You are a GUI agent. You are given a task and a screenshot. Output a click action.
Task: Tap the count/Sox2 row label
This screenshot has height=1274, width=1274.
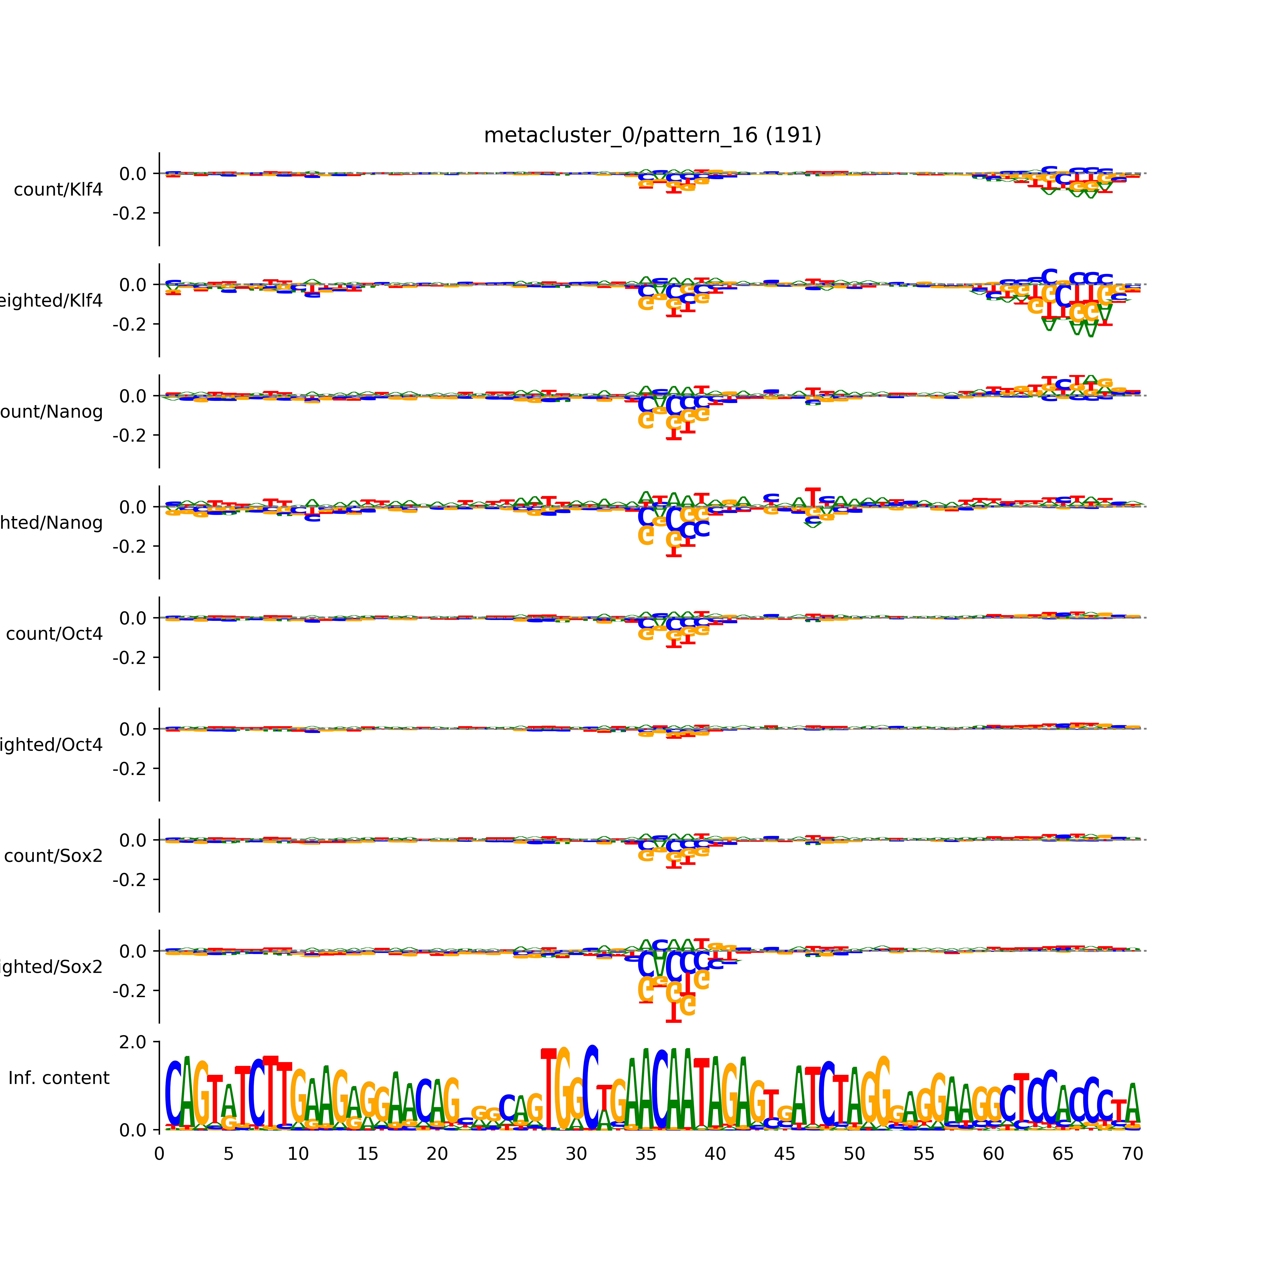54,856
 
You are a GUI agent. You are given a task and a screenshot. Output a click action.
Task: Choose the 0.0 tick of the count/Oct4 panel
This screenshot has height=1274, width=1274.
132,619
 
